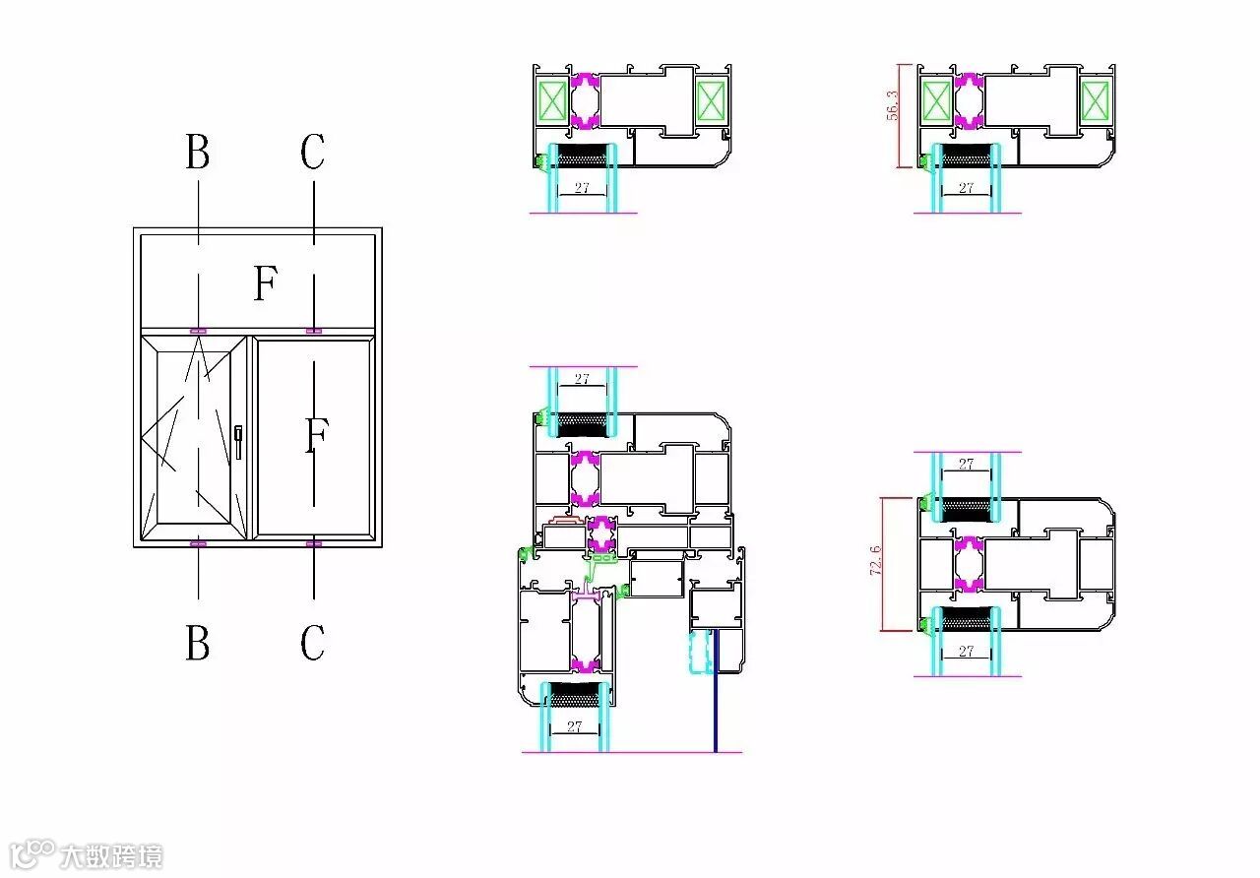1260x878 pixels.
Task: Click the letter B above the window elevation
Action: coord(198,151)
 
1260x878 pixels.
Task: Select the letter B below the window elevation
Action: coord(198,642)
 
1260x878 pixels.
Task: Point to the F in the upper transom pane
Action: coord(266,282)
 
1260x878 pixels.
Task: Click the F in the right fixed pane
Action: coord(317,434)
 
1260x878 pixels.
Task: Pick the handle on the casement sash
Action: coord(238,442)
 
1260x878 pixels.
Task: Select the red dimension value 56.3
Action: coord(892,105)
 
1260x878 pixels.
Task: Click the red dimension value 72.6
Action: coord(876,560)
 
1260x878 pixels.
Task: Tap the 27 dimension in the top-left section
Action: coord(582,187)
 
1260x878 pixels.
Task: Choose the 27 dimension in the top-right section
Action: coord(966,187)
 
